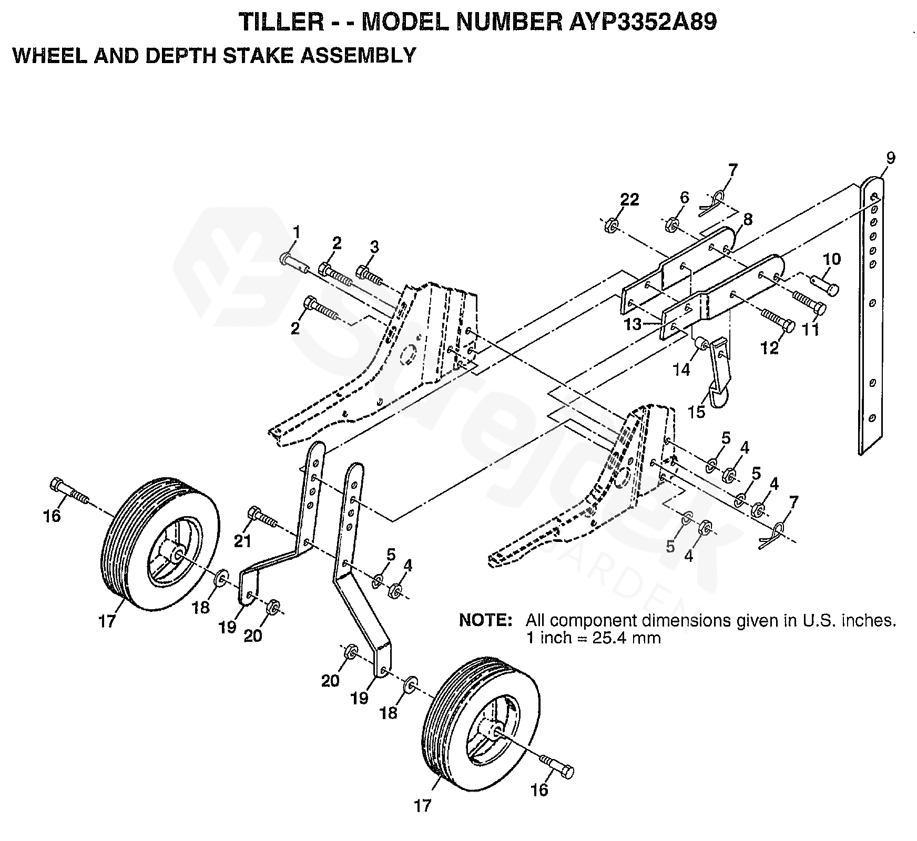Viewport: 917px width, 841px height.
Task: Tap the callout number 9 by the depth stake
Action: (890, 158)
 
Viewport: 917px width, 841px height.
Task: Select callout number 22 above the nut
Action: (629, 200)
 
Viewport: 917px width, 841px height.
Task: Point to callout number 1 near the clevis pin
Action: (297, 231)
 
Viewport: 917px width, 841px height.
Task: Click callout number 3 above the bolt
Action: (374, 247)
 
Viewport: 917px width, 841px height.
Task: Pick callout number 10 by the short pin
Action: (832, 259)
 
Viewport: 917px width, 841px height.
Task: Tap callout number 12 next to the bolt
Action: (770, 347)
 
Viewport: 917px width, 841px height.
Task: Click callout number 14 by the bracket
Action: (681, 370)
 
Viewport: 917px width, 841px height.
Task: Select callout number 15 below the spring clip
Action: (696, 412)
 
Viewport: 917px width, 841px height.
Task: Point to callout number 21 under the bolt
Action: (243, 541)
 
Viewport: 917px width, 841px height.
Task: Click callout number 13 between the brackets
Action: (633, 324)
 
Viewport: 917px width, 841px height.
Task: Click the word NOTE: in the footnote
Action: (485, 620)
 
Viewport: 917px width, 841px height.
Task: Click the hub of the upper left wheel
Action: (176, 556)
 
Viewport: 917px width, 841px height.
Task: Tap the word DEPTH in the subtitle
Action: (179, 55)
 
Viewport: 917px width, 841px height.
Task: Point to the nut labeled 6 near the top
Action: (672, 227)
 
